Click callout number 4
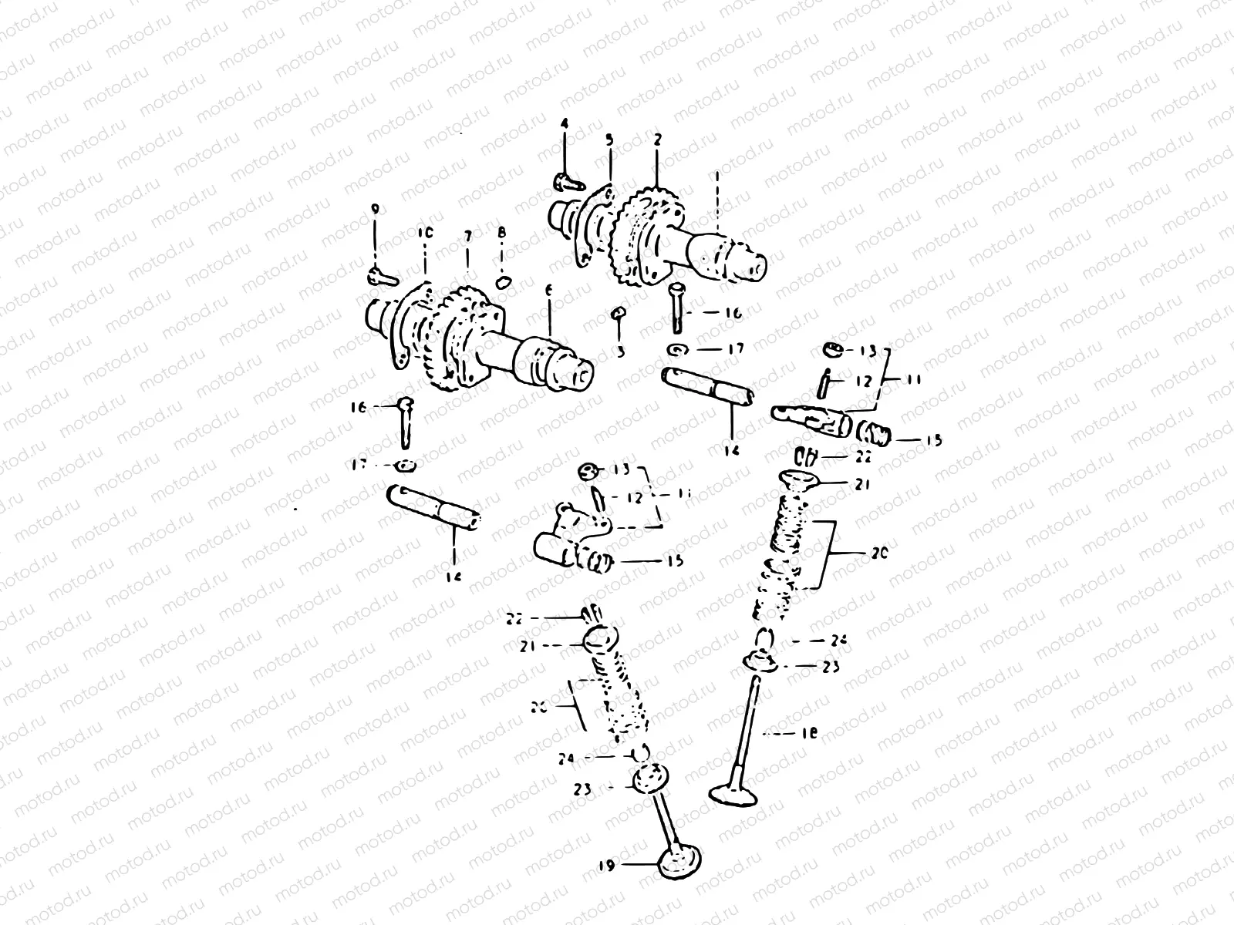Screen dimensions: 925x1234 564,123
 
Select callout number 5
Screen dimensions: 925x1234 609,140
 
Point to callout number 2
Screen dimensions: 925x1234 657,140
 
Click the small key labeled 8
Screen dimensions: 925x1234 502,281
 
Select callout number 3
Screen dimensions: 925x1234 619,351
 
